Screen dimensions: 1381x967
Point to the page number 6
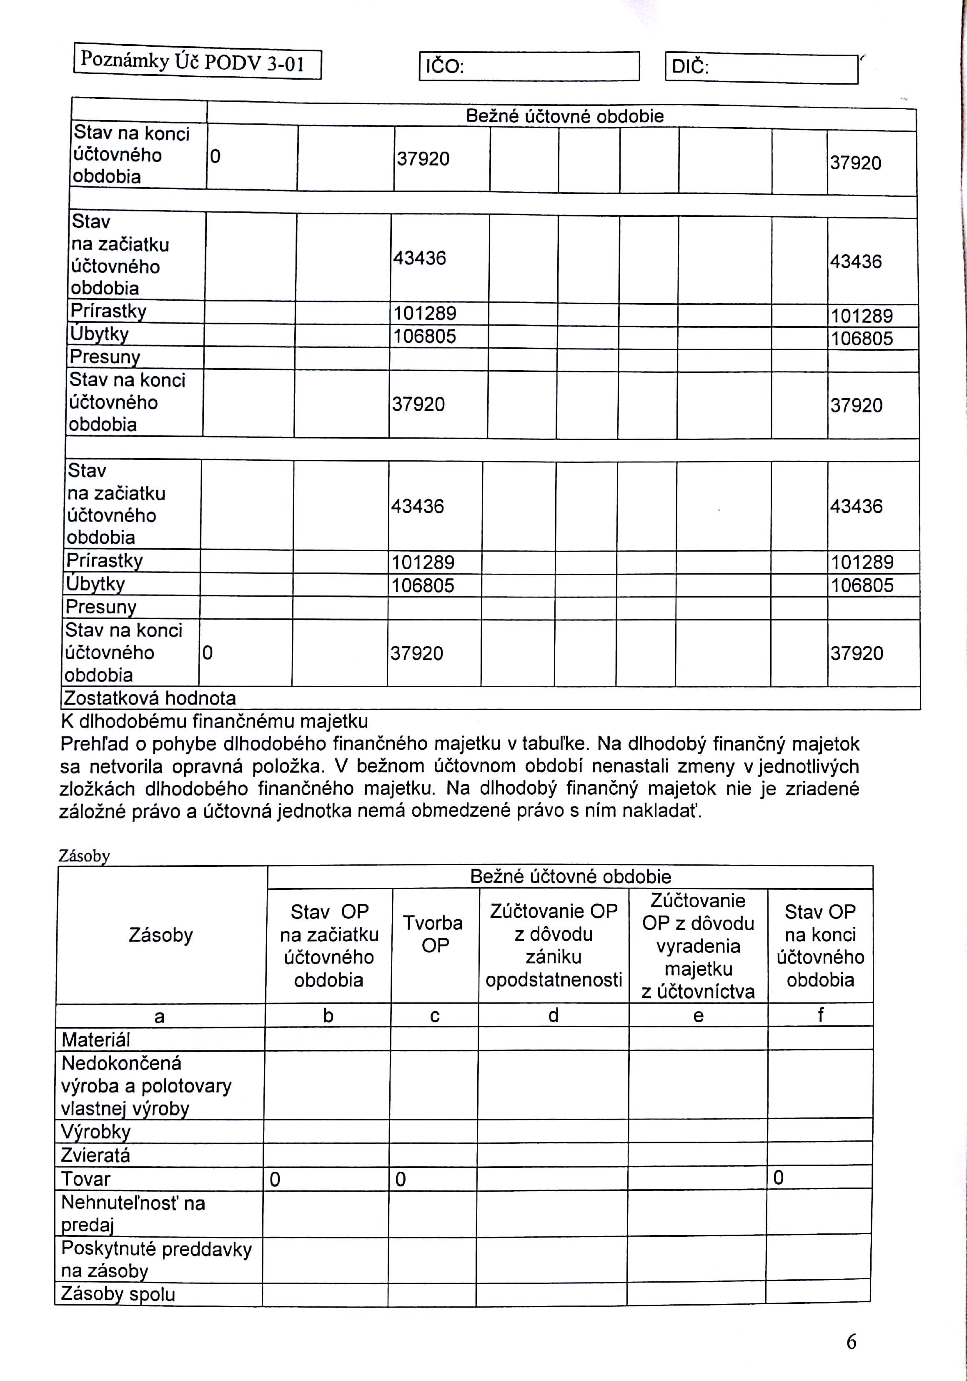(851, 1341)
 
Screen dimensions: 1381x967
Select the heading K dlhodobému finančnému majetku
(214, 721)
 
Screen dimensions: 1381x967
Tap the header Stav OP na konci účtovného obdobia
(820, 946)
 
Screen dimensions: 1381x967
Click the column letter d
(553, 1015)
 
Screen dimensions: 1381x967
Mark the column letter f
(820, 1015)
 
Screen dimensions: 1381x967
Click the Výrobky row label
(95, 1131)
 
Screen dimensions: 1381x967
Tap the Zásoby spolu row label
(118, 1294)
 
